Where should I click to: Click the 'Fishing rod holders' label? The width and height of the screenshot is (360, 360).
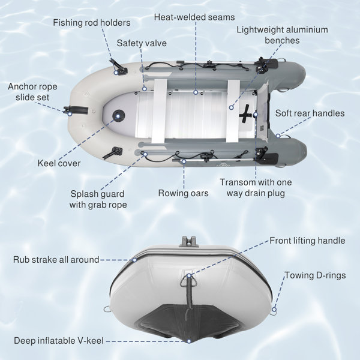(92, 23)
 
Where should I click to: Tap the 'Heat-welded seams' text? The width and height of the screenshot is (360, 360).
(194, 17)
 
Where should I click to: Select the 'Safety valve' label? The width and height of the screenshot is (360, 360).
(142, 43)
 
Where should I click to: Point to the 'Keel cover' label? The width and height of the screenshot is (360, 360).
(59, 163)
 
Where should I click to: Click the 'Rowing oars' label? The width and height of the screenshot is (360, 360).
(183, 193)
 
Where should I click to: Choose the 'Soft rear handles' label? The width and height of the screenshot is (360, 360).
(310, 113)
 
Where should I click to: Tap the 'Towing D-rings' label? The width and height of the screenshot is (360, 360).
(315, 275)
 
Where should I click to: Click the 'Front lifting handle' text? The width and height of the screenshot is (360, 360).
(307, 241)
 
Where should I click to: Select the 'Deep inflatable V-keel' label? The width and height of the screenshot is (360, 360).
(59, 341)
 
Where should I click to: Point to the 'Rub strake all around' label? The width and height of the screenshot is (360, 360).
(56, 260)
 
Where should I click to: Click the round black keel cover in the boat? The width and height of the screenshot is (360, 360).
(118, 116)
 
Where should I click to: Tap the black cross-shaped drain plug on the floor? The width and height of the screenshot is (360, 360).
(245, 113)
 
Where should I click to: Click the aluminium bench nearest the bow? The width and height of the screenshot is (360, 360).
(159, 111)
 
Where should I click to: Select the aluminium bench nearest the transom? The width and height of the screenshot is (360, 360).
(233, 111)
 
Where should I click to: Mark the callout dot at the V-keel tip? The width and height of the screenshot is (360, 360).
(189, 341)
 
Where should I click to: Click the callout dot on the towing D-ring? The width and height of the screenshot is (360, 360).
(274, 309)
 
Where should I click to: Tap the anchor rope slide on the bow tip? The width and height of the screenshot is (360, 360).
(76, 110)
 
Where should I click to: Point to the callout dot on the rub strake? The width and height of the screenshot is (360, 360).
(135, 260)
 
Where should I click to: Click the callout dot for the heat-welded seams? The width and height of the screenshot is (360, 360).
(196, 92)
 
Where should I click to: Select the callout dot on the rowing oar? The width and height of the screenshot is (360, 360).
(184, 161)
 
